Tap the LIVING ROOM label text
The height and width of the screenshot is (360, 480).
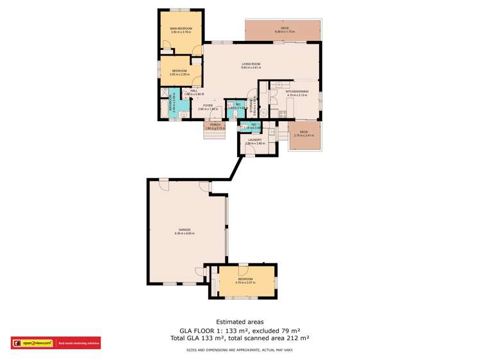tap(251, 64)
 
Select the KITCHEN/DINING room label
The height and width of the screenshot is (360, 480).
tap(297, 92)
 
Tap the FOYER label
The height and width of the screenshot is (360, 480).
tap(208, 105)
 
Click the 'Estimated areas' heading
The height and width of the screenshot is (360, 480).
tap(240, 322)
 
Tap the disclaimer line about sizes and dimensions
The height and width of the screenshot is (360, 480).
tap(240, 350)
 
